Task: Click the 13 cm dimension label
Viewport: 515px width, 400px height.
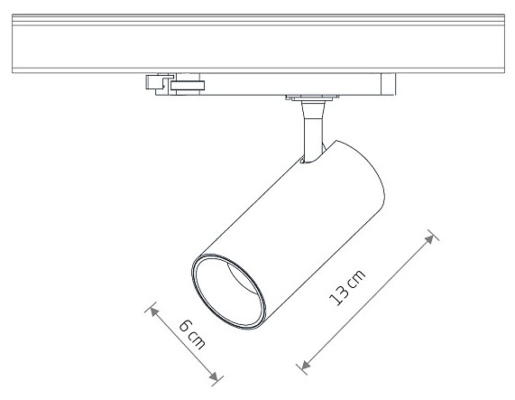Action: (347, 288)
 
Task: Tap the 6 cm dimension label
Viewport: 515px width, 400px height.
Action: (192, 334)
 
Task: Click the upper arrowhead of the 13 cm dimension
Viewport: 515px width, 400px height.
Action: (429, 239)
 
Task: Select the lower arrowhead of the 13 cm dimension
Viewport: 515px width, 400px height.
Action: (306, 364)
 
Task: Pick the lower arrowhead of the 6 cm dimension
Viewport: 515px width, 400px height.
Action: (214, 376)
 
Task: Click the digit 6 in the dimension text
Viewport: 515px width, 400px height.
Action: (186, 326)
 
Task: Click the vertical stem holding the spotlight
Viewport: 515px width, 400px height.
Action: (313, 133)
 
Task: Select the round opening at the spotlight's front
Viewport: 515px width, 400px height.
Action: (229, 292)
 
